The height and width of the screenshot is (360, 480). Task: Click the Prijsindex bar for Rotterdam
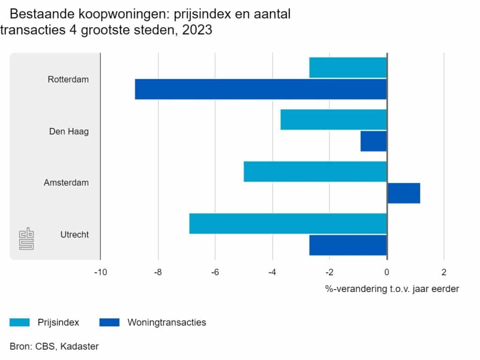point(348,67)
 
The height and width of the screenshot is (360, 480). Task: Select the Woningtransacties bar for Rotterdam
point(261,89)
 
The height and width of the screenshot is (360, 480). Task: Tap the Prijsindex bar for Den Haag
point(333,120)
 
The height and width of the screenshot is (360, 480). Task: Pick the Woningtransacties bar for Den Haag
point(374,141)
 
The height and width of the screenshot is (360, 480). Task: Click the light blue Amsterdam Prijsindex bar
point(315,172)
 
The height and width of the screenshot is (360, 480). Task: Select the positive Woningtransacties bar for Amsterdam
point(404,193)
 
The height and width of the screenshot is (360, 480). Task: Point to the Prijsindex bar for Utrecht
point(288,224)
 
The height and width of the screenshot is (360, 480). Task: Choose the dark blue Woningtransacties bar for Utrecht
point(348,245)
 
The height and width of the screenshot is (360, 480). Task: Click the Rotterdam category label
point(68,79)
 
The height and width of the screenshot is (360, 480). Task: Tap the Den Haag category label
point(69,131)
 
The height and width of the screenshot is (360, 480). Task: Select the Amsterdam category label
point(66,183)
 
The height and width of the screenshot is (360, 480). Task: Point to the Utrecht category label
point(75,235)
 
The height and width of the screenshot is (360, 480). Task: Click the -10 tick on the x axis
point(100,272)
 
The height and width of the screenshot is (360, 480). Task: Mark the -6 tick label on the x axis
point(215,272)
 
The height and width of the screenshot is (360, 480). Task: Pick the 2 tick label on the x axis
point(444,272)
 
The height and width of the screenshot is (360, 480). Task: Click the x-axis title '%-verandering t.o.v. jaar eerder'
point(392,289)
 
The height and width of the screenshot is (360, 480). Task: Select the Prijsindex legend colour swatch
point(20,322)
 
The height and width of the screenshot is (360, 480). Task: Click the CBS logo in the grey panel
point(27,239)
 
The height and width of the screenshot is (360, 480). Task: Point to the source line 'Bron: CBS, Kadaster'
point(54,346)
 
